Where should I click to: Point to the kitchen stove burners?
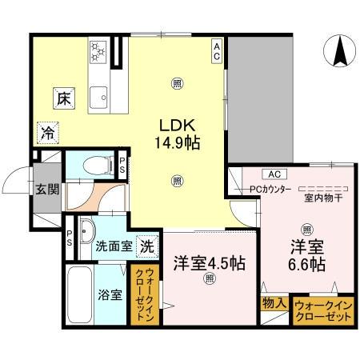click(x=99, y=54)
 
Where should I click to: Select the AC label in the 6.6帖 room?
click(x=273, y=174)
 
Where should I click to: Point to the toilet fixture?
click(x=99, y=166)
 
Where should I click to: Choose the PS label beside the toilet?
click(x=122, y=166)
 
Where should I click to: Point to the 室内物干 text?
click(x=319, y=198)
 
